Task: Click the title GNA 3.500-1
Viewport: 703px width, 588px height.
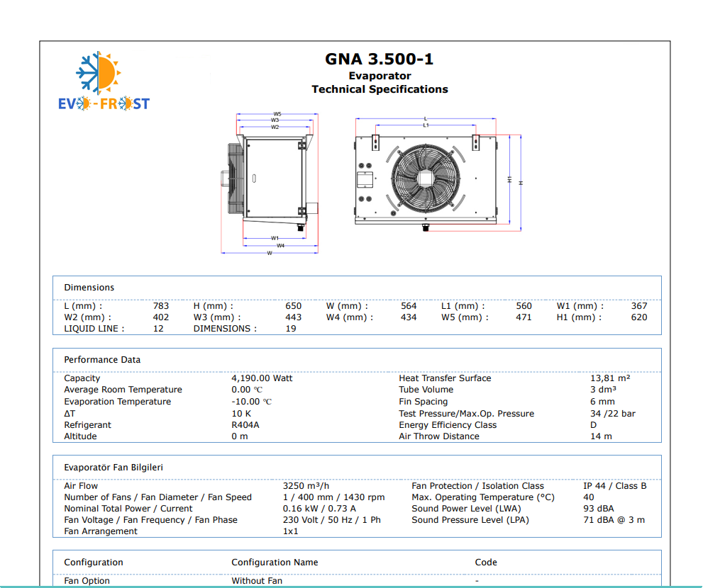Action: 380,59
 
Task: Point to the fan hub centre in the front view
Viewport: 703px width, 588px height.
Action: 426,179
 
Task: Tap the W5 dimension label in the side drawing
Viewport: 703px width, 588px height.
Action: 277,114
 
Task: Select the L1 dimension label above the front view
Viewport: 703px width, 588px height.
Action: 426,125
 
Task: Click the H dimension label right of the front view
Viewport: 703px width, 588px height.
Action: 521,183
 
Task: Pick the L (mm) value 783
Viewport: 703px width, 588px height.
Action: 161,306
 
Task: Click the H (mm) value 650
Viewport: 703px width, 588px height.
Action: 293,306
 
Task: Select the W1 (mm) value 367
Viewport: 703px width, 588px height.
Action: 639,306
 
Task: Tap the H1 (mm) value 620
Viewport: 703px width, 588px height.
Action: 639,317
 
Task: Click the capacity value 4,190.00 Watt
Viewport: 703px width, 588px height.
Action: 262,378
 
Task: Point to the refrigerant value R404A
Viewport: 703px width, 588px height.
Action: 245,424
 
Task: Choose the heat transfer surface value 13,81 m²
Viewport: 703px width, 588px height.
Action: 610,378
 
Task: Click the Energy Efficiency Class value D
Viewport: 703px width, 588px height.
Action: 593,424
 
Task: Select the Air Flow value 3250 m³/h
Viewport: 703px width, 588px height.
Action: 306,485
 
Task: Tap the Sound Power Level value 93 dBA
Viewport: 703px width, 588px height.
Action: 599,508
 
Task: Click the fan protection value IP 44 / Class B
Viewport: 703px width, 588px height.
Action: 614,485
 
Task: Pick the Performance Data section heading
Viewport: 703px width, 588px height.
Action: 102,360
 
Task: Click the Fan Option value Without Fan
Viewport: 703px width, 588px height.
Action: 257,580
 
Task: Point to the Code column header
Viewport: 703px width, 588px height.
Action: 486,562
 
